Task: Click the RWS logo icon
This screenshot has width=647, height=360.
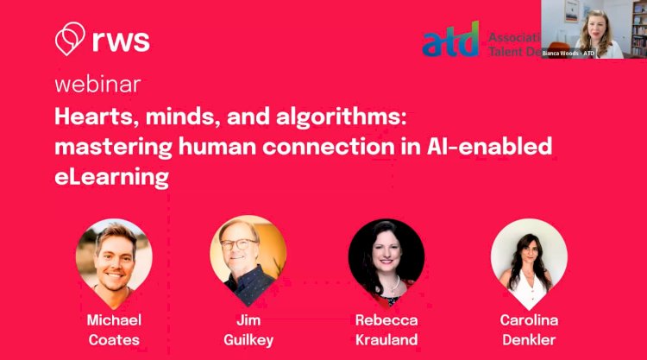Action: [x=68, y=39]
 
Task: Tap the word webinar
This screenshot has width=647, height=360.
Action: [x=97, y=85]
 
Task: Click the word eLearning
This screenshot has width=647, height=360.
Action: [x=111, y=178]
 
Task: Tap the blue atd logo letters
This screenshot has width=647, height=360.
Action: [x=450, y=40]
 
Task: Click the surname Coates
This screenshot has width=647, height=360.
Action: [x=114, y=339]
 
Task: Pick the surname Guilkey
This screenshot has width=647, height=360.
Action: [x=248, y=339]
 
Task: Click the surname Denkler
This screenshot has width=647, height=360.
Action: [x=529, y=339]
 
